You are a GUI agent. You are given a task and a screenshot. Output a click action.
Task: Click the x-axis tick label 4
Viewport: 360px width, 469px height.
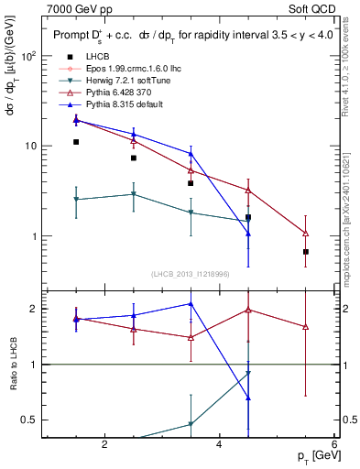(x=219, y=445)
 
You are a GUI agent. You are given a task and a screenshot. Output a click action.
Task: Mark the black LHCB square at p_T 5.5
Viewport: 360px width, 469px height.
(x=306, y=252)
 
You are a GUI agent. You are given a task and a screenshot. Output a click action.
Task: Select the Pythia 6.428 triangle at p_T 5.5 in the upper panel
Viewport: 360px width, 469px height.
(x=306, y=233)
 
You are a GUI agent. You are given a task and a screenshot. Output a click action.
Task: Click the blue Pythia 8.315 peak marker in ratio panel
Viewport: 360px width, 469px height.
(x=191, y=303)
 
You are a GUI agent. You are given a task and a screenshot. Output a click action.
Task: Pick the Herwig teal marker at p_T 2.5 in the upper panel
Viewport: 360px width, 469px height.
(x=134, y=194)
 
